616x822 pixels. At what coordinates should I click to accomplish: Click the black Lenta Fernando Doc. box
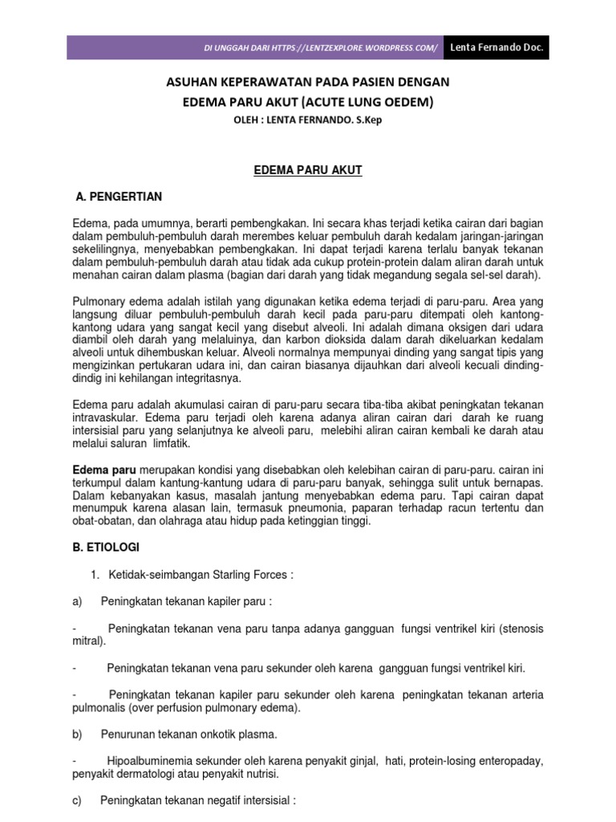pyautogui.click(x=496, y=47)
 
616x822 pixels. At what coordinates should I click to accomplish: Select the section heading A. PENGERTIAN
pyautogui.click(x=118, y=196)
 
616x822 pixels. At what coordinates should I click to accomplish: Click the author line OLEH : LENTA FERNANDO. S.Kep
pyautogui.click(x=307, y=120)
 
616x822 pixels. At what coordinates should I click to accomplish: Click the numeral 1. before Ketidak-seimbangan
pyautogui.click(x=94, y=575)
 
